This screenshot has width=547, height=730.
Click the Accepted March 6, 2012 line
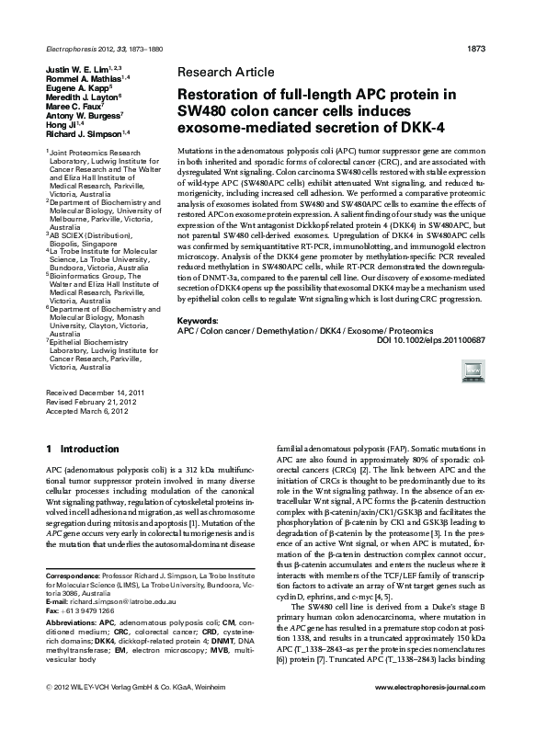point(85,411)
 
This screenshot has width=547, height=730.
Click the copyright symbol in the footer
point(48,713)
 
